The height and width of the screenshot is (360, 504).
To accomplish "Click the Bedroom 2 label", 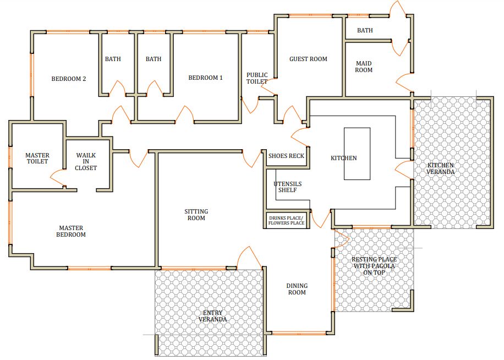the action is pyautogui.click(x=69, y=79).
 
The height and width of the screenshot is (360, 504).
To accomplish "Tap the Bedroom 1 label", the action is pyautogui.click(x=205, y=78).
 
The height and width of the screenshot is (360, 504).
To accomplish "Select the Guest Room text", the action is pyautogui.click(x=308, y=59).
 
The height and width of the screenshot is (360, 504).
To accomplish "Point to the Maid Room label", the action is pyautogui.click(x=364, y=67).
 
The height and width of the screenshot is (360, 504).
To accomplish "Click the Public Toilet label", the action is pyautogui.click(x=257, y=78).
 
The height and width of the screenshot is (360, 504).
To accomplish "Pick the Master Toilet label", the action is pyautogui.click(x=37, y=159).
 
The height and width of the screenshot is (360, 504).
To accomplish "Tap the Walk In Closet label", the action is pyautogui.click(x=86, y=161).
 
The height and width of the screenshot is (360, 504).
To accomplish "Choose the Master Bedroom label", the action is pyautogui.click(x=71, y=231).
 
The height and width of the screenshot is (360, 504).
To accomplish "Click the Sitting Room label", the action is pyautogui.click(x=196, y=215).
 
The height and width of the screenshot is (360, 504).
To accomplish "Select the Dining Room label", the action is pyautogui.click(x=297, y=289).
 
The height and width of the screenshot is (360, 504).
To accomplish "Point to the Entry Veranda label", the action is pyautogui.click(x=212, y=316).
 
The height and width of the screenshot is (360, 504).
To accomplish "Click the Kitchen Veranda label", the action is pyautogui.click(x=440, y=168).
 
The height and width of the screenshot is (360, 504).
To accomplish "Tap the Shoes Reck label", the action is pyautogui.click(x=286, y=156).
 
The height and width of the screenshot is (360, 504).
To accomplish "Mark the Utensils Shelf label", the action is pyautogui.click(x=287, y=187).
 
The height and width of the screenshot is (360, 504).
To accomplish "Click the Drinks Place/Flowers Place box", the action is pyautogui.click(x=287, y=220).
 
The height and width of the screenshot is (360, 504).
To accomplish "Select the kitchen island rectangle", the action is pyautogui.click(x=357, y=154).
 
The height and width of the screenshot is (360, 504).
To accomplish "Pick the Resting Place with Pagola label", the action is pyautogui.click(x=374, y=266).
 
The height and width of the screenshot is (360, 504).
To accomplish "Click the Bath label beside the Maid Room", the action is pyautogui.click(x=365, y=30).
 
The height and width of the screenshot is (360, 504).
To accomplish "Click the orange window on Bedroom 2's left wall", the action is pyautogui.click(x=32, y=75).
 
